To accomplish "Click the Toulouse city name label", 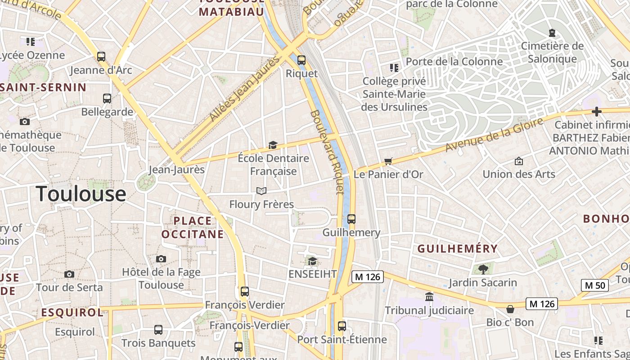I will click(x=81, y=194).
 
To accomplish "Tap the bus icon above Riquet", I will click(x=301, y=60).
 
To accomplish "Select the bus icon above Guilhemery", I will click(x=351, y=219).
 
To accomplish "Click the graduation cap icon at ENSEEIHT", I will click(x=312, y=261).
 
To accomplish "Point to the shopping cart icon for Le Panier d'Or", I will click(x=388, y=161).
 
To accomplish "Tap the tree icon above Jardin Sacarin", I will click(x=483, y=269).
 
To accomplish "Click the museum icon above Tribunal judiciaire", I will click(x=429, y=297).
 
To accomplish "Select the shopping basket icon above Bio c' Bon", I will click(x=510, y=309).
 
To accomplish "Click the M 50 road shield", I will click(x=595, y=285).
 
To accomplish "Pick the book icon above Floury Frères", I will click(x=261, y=191).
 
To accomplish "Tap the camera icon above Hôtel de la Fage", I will click(x=161, y=259).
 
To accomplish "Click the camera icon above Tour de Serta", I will click(x=69, y=274).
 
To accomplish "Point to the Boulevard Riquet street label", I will click(x=327, y=152).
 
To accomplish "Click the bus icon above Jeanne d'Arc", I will click(x=101, y=57).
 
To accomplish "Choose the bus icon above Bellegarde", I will click(x=107, y=99).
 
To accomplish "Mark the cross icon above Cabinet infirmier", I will click(x=597, y=112).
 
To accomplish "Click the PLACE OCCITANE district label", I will click(x=193, y=227).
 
